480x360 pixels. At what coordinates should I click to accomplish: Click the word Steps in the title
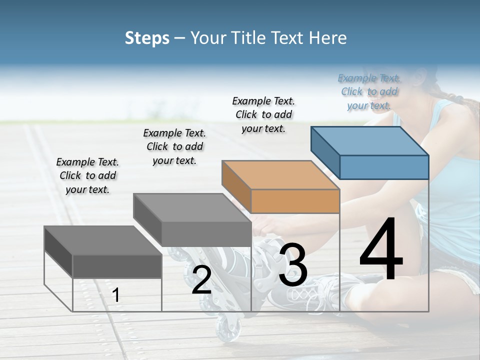click(147, 38)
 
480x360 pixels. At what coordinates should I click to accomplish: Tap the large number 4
click(381, 250)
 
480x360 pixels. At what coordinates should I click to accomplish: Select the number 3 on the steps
click(293, 265)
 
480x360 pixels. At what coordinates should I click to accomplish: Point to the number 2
click(201, 280)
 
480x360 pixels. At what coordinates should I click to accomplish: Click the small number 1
click(116, 295)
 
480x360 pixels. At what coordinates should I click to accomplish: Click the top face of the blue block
click(370, 141)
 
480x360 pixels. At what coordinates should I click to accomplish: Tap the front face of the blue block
click(384, 167)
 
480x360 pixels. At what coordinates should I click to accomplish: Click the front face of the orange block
click(295, 201)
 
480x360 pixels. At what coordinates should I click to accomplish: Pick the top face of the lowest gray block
click(103, 240)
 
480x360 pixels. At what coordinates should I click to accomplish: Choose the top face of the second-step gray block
click(192, 208)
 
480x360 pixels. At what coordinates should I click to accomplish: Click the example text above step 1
click(87, 175)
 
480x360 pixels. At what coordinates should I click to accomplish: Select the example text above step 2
click(174, 146)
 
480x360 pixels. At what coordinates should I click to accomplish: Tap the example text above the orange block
click(263, 114)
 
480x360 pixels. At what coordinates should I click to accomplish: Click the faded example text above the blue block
click(369, 91)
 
